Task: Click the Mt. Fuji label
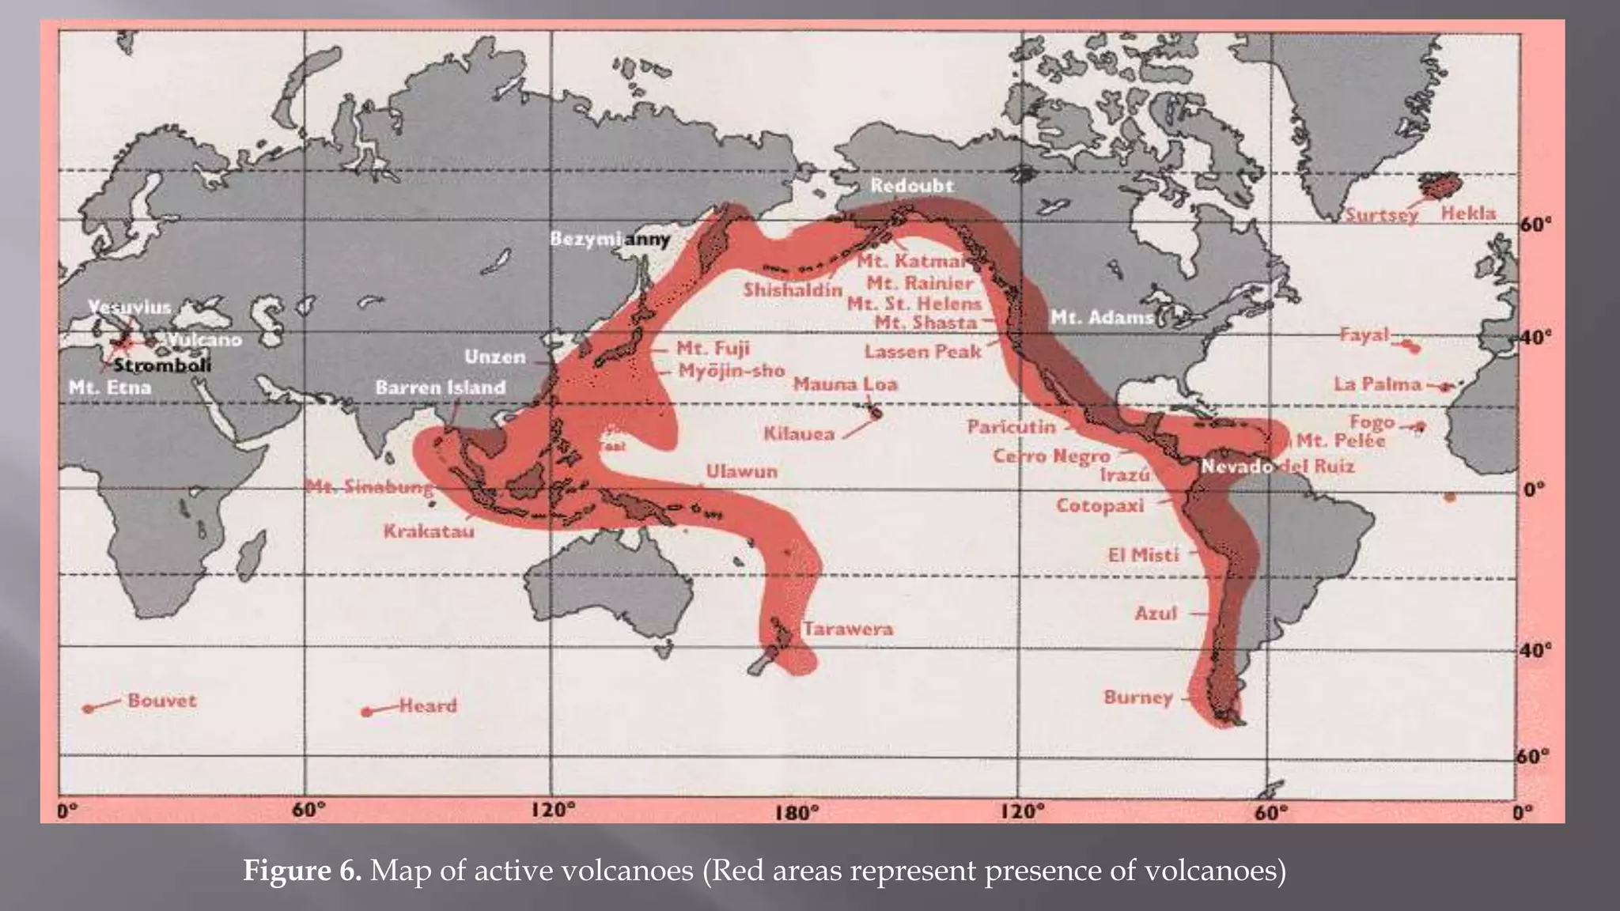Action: click(713, 349)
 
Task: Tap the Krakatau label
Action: click(429, 531)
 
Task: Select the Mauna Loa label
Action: click(845, 384)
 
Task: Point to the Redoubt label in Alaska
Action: click(911, 186)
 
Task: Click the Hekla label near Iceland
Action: click(1468, 213)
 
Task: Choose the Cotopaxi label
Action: click(1100, 505)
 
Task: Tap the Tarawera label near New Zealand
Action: click(848, 629)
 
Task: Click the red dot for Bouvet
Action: click(89, 709)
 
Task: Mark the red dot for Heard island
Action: click(366, 712)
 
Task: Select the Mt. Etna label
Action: click(110, 387)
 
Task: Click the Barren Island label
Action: click(440, 387)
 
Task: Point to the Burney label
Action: click(1137, 697)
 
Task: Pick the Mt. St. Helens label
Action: click(914, 304)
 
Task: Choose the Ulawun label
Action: click(741, 471)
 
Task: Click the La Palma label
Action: click(1377, 384)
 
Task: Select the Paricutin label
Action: click(1011, 427)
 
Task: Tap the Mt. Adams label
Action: click(1101, 318)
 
